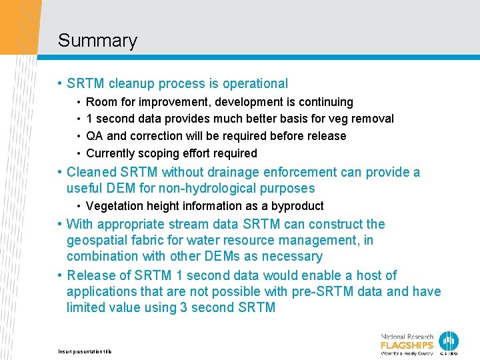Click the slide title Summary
pyautogui.click(x=97, y=41)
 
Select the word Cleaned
pyautogui.click(x=94, y=173)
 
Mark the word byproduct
pyautogui.click(x=297, y=206)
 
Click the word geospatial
pyautogui.click(x=99, y=240)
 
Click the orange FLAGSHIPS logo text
pyautogui.click(x=407, y=345)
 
